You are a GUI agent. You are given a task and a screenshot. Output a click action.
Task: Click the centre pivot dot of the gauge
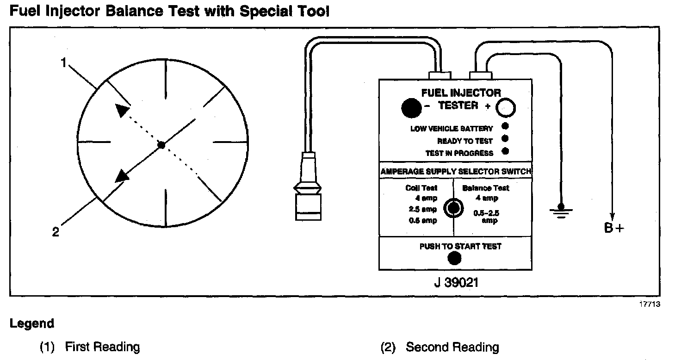point(161,145)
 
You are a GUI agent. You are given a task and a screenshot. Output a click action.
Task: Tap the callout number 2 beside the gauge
point(56,232)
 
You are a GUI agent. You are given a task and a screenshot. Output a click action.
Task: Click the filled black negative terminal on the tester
point(411,108)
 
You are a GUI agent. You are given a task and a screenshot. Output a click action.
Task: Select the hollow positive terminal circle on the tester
point(506,108)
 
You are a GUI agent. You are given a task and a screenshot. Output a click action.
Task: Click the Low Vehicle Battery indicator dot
point(505,126)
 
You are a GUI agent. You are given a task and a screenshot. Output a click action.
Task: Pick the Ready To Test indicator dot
point(505,138)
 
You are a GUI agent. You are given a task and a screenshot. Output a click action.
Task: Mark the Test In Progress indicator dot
point(505,151)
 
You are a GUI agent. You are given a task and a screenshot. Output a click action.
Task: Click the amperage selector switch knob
point(453,208)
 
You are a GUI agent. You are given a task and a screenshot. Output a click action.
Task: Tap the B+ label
point(614,228)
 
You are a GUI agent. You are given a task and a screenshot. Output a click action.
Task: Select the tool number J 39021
point(456,282)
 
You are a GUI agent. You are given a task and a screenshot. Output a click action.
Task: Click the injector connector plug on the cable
point(308,194)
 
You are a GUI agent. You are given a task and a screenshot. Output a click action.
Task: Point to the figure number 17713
point(650,304)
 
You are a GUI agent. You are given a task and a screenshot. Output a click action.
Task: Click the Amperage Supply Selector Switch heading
point(456,172)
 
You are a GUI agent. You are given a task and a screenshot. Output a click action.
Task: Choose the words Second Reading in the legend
point(452,347)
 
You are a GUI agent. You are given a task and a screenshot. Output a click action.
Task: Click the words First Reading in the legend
point(102,347)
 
